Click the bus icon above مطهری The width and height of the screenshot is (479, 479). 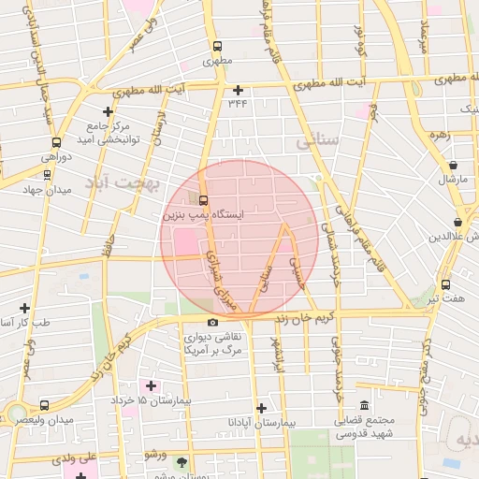coord(217,46)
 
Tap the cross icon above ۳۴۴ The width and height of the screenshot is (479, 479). coord(239,91)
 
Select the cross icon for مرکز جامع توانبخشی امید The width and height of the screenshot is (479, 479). coord(109,112)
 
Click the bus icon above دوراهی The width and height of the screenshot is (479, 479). coord(57,143)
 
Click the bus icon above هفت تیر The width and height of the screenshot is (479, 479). coord(444,283)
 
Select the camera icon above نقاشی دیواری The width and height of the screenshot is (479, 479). coord(212,322)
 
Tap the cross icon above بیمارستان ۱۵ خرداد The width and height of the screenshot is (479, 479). coord(151,385)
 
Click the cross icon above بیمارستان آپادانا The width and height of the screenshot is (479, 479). coord(261,408)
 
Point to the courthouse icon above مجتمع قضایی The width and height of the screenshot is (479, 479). coord(364,405)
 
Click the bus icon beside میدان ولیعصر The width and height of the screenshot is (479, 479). coord(45,405)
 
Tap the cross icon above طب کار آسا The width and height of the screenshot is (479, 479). coord(24,307)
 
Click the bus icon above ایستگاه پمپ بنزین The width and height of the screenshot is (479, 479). coord(204,199)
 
